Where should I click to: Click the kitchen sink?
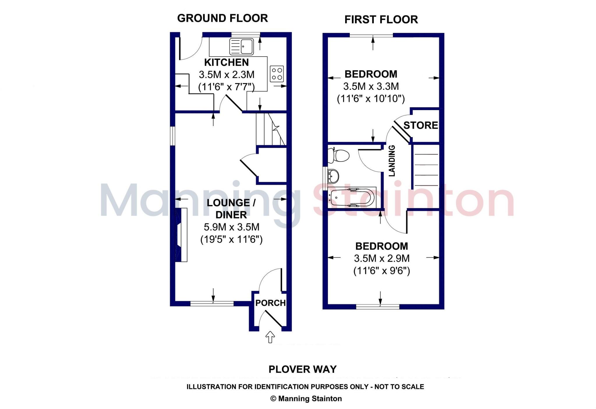(x=242, y=46)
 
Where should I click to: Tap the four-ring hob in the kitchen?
(x=277, y=74)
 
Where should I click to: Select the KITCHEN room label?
(x=226, y=62)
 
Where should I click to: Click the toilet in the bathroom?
(x=338, y=156)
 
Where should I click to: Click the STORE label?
(x=421, y=125)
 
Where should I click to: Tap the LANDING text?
(x=392, y=161)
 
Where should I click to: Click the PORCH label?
(x=270, y=303)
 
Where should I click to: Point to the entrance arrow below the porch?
(x=270, y=337)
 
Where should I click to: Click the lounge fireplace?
(x=181, y=235)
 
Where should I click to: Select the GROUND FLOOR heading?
(x=222, y=18)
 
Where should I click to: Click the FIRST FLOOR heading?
(x=381, y=20)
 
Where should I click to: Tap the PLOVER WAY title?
(x=302, y=369)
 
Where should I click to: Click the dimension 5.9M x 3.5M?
(x=231, y=227)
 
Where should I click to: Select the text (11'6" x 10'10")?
(x=371, y=99)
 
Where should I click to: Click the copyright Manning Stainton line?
(x=306, y=399)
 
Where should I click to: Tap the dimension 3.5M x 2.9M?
(x=382, y=258)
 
